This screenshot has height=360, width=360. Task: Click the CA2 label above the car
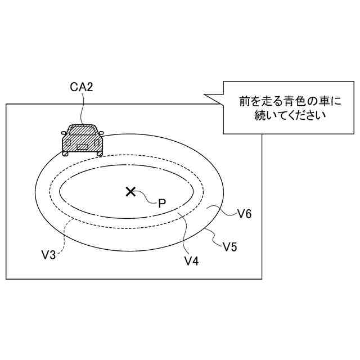click(81, 87)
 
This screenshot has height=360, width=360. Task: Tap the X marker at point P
click(130, 192)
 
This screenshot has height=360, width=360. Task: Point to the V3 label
click(48, 255)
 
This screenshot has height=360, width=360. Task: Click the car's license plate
click(83, 147)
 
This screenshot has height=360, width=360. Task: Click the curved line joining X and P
click(147, 198)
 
